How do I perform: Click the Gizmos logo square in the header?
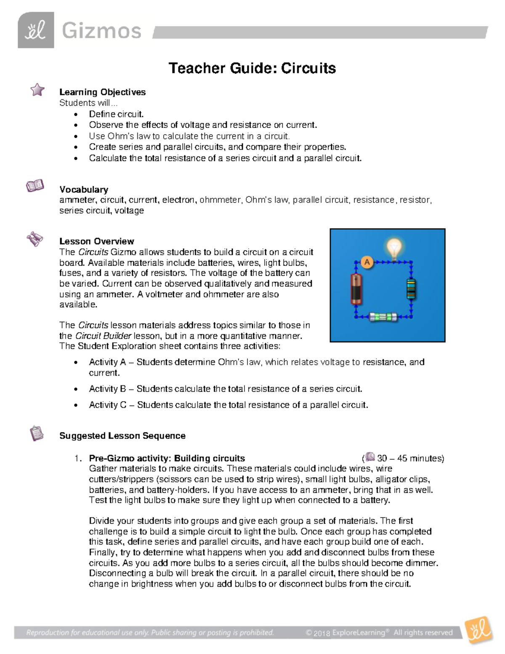point(36,30)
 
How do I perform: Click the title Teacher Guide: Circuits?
point(252,68)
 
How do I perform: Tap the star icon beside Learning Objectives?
point(37,89)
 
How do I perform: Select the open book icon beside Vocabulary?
point(35,185)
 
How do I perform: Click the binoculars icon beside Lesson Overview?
point(35,239)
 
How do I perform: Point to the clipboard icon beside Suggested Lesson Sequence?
point(37,433)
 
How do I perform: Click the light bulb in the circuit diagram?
point(394,249)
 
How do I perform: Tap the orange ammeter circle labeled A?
point(367,263)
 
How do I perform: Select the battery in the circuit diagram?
point(356,289)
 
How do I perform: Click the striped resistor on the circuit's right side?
point(411,289)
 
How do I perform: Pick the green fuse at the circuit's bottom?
point(383,317)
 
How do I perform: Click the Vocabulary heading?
point(84,190)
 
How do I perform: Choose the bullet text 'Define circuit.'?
point(116,114)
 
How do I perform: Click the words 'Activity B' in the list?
point(107,389)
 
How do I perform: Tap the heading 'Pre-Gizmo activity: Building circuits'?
point(167,458)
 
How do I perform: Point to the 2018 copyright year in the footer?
point(322,633)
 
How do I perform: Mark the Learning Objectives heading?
point(102,92)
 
